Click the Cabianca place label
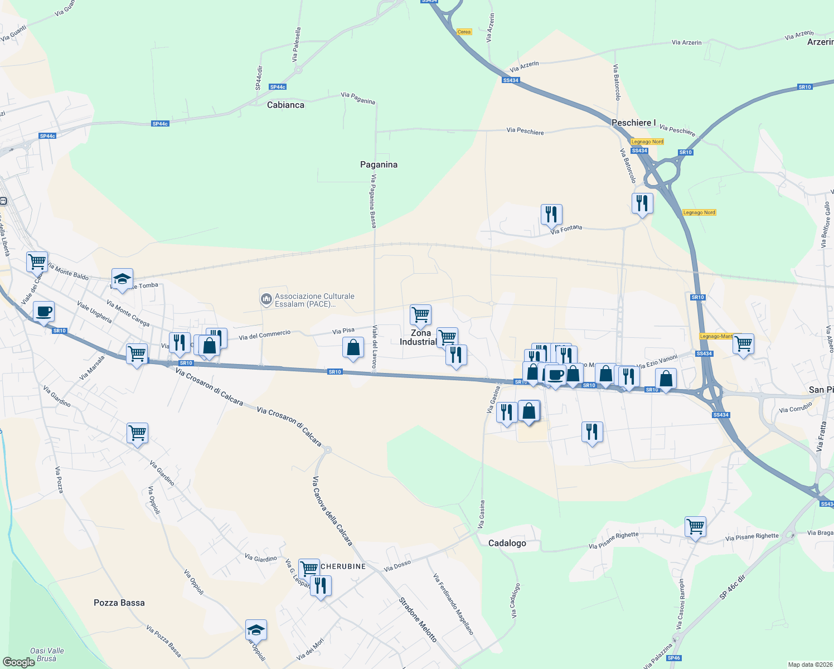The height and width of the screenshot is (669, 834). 285,105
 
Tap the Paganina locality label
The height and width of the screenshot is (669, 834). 379,164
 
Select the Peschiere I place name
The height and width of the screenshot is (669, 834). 633,123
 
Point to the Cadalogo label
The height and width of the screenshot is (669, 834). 507,543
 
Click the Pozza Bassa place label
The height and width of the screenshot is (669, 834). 119,603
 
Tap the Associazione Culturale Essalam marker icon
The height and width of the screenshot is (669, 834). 266,299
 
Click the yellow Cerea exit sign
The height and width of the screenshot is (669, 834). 464,32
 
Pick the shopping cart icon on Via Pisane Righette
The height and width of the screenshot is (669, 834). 695,526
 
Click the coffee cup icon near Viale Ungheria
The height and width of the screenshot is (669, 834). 43,312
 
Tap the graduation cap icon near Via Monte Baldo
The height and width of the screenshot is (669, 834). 122,279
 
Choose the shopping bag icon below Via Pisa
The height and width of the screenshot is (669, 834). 353,348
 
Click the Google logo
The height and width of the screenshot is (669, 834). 18,662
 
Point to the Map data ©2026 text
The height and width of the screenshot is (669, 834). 808,665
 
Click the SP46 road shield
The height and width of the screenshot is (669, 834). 673,658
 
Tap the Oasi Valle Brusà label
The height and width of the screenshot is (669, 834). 47,655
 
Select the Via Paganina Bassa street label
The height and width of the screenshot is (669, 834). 374,201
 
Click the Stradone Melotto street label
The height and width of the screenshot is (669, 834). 418,619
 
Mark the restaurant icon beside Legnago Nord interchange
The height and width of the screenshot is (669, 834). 642,203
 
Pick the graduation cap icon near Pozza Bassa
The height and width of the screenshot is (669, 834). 256,630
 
